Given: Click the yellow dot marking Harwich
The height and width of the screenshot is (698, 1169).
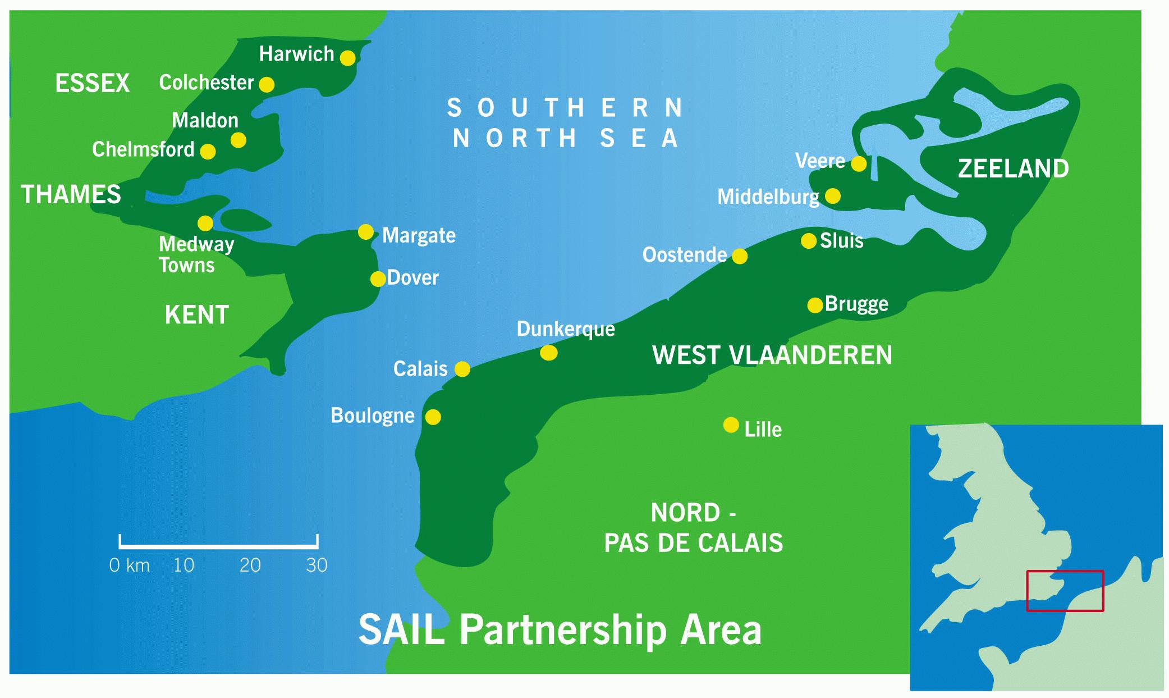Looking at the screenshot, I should click(x=347, y=58).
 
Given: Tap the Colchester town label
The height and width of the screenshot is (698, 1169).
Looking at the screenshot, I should click(x=206, y=83).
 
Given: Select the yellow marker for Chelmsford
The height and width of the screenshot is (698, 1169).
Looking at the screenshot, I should click(x=208, y=152).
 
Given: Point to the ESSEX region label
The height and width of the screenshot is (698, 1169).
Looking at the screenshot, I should click(x=92, y=84).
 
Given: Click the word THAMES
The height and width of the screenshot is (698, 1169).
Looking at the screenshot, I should click(x=71, y=195).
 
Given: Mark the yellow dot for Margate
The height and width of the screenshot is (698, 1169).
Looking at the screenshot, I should click(x=365, y=232).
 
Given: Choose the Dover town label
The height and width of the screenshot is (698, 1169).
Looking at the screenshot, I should click(x=412, y=278).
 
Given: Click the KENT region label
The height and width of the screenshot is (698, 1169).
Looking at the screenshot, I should click(x=196, y=315).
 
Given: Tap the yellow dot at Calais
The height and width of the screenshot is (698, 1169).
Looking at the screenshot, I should click(x=462, y=369).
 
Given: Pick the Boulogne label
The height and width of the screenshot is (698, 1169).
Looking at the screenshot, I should click(x=372, y=416).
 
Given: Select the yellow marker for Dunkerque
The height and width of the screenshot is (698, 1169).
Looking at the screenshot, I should click(x=548, y=353).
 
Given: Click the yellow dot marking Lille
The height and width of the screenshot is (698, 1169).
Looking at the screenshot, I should click(x=731, y=425).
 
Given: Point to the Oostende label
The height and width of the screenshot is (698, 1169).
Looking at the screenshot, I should click(x=684, y=256).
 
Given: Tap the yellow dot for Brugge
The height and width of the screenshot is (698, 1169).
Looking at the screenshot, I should click(x=815, y=305).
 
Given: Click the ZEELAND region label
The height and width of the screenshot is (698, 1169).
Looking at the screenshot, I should click(x=1013, y=169).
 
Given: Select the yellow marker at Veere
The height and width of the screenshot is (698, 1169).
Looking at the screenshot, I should click(x=859, y=164).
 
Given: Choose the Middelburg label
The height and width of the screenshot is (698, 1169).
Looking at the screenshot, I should click(x=768, y=197).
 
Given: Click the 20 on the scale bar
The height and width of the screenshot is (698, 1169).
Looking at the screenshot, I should click(x=250, y=565).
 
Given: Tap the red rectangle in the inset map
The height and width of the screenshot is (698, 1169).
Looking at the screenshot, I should click(x=1065, y=591).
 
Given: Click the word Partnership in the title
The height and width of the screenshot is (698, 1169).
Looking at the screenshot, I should click(x=563, y=630).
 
